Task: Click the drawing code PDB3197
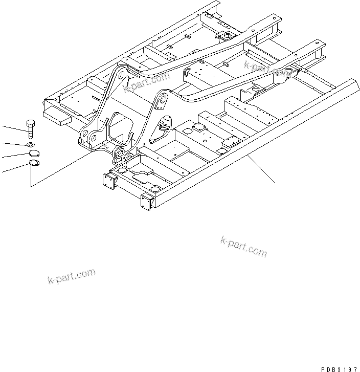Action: click(340, 368)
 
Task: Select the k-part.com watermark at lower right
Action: click(243, 247)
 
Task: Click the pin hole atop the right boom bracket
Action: click(162, 99)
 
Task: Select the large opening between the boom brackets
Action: click(120, 125)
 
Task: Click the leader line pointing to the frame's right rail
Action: click(261, 169)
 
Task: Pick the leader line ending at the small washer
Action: click(13, 144)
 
